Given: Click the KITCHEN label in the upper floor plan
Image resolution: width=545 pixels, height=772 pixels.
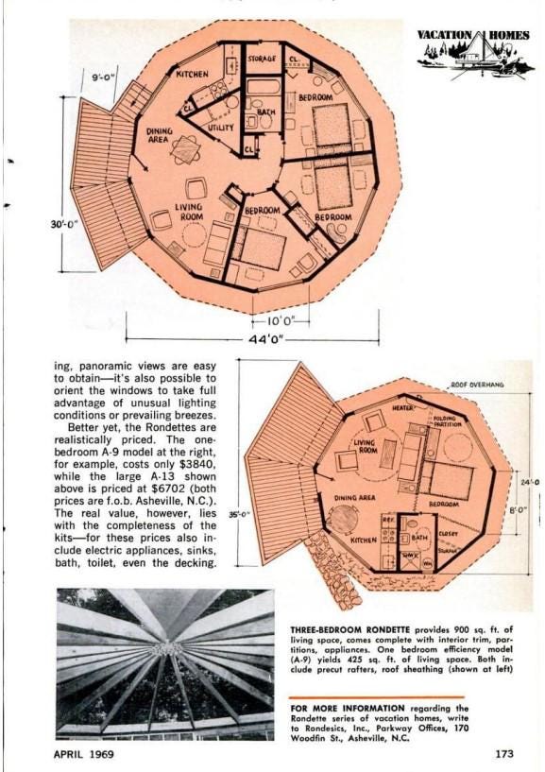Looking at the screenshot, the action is coord(193,73).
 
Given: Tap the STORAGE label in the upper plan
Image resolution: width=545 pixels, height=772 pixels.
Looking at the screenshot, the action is coord(262,59).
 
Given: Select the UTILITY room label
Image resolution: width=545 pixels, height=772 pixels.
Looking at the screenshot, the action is coord(221,128).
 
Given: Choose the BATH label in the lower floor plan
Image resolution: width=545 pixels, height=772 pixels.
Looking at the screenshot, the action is coord(420,537).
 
